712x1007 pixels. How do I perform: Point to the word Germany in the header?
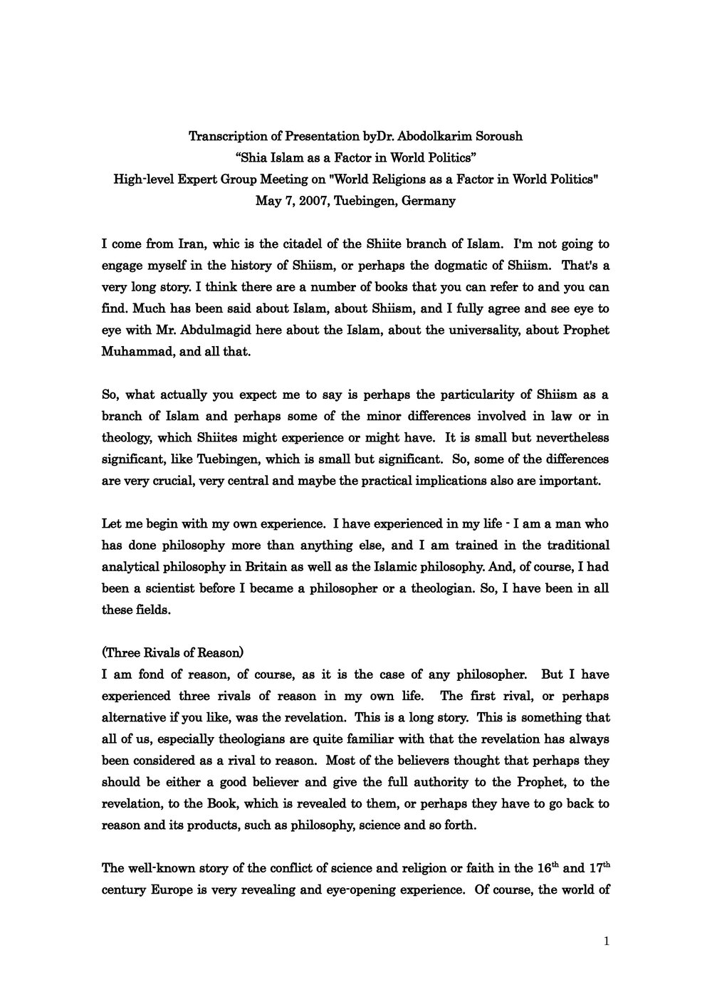(429, 200)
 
